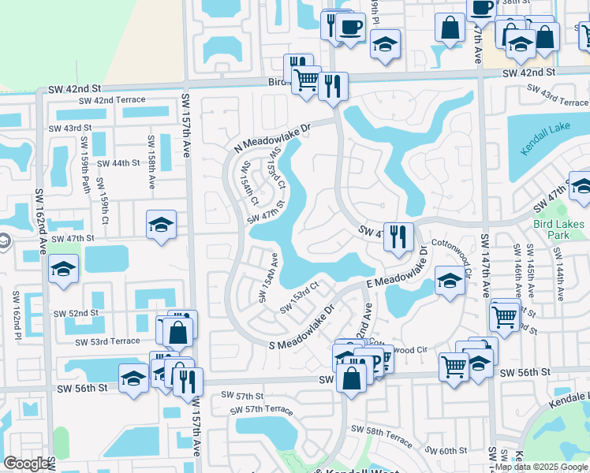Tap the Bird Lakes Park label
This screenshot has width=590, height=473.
558,229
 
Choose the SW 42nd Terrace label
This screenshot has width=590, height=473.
106,100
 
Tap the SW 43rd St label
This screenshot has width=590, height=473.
70,128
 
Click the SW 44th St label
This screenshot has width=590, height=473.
118,163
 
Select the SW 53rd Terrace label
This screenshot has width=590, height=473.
107,342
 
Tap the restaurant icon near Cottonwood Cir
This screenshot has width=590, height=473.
398,236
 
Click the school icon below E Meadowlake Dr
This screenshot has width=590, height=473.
450,281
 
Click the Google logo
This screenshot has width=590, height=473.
26,464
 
